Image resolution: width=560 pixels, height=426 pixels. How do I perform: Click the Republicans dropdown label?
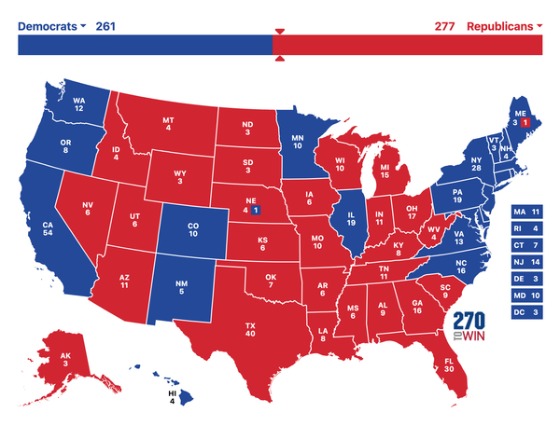pos(504,25)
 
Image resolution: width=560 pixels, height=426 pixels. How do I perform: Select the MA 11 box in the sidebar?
pos(528,212)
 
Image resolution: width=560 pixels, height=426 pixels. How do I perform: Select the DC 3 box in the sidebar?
pos(528,311)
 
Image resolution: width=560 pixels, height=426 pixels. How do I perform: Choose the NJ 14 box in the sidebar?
pos(528,262)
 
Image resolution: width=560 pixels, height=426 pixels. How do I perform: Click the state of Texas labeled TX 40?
pos(250,330)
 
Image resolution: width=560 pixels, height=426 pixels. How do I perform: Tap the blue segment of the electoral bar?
pos(145,44)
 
